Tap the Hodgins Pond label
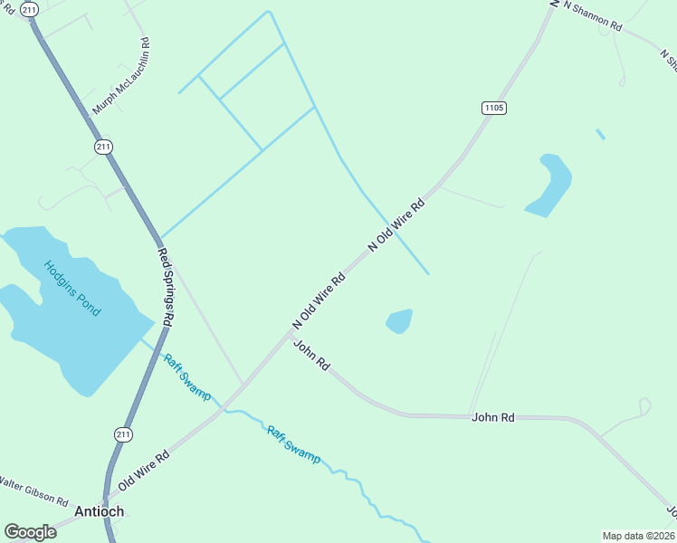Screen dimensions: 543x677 tap(72, 288)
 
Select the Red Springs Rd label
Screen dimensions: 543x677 tap(167, 286)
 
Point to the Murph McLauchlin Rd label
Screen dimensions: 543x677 tap(120, 77)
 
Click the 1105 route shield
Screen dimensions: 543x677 tap(493, 108)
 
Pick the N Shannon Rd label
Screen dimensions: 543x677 tap(593, 17)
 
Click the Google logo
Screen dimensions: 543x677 tap(30, 532)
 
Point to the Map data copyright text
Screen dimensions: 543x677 tap(639, 536)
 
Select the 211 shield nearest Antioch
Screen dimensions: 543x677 tap(124, 434)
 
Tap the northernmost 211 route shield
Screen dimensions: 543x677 tap(30, 9)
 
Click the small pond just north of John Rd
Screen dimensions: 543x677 tap(399, 320)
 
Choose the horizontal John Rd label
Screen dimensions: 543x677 tap(492, 417)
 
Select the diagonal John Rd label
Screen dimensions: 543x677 tap(311, 354)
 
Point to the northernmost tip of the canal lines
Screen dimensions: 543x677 tap(268, 12)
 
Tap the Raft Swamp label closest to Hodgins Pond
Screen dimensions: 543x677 tap(187, 376)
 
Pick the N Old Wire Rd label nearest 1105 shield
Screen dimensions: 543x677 tap(396, 224)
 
